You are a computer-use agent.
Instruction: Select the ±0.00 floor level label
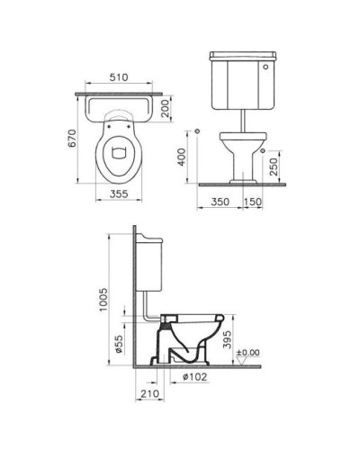tap(248, 352)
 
